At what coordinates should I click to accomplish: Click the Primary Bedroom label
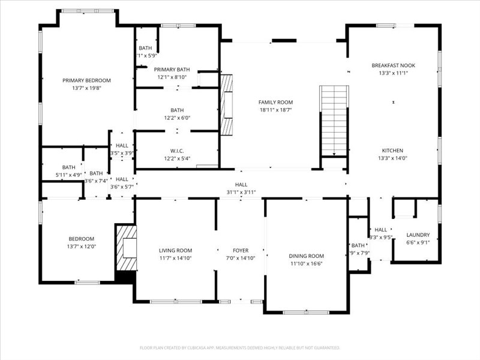pyautogui.click(x=86, y=80)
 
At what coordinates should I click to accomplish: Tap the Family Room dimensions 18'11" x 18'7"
pyautogui.click(x=275, y=110)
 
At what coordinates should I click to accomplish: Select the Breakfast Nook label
pyautogui.click(x=393, y=65)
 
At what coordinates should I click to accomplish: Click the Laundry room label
pyautogui.click(x=418, y=235)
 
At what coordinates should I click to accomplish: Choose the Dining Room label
pyautogui.click(x=307, y=256)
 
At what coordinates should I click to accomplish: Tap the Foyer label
pyautogui.click(x=241, y=250)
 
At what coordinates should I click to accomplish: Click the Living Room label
pyautogui.click(x=175, y=250)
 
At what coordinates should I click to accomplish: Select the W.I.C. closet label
pyautogui.click(x=177, y=151)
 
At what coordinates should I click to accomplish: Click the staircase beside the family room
pyautogui.click(x=334, y=120)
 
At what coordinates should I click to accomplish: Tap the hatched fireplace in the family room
pyautogui.click(x=227, y=105)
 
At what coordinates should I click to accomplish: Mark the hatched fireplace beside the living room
pyautogui.click(x=126, y=248)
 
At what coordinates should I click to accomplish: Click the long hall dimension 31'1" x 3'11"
pyautogui.click(x=241, y=192)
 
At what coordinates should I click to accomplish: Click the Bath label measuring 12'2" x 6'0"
pyautogui.click(x=177, y=110)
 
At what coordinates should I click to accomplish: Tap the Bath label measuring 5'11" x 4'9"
pyautogui.click(x=68, y=167)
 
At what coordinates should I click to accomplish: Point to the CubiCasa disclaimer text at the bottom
pyautogui.click(x=240, y=347)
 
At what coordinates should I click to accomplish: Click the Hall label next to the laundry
pyautogui.click(x=380, y=229)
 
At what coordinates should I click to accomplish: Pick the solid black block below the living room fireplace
pyautogui.click(x=125, y=277)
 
